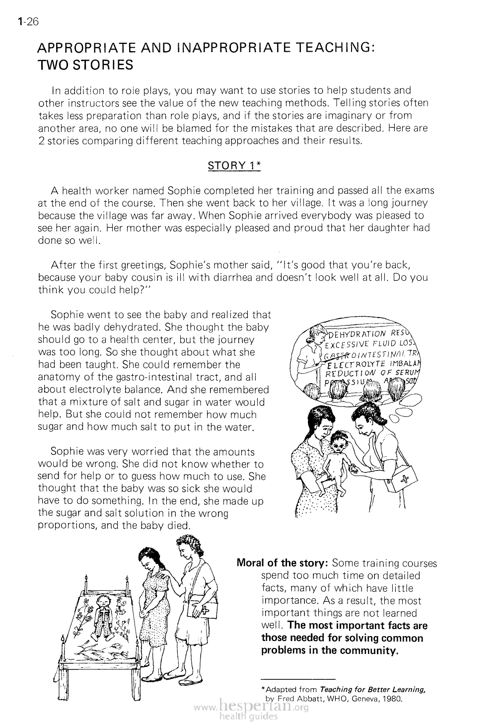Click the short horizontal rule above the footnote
(298, 679)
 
